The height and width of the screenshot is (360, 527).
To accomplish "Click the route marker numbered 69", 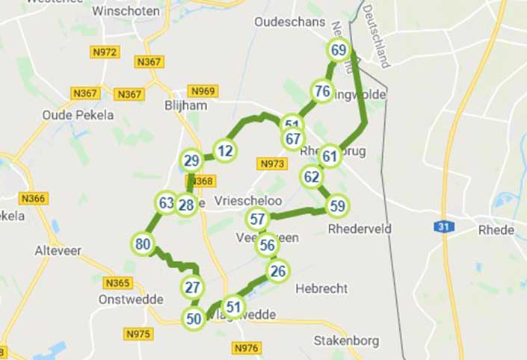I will [x=339, y=50].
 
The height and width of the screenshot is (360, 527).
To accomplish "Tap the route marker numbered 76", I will [x=322, y=92].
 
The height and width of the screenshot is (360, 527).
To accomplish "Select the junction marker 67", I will [x=293, y=139].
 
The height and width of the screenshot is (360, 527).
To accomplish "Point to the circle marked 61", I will [x=330, y=156].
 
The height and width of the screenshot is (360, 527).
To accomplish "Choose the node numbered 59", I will [x=337, y=205].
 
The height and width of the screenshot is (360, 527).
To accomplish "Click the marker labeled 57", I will [x=258, y=220].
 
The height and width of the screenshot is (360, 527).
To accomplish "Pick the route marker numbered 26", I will [x=278, y=270].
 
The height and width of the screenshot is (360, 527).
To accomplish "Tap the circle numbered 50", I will [x=194, y=319].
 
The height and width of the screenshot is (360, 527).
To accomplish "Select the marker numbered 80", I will [x=143, y=243].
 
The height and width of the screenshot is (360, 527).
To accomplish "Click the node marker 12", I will [x=224, y=151].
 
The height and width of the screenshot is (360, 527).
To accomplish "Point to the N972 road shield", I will [x=105, y=52].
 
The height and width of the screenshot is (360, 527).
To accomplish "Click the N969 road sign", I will [x=203, y=91].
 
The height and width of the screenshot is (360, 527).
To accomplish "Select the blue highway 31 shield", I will [x=443, y=226].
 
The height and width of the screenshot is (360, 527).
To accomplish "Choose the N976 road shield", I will [x=246, y=348].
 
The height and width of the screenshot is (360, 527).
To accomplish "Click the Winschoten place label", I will [x=126, y=11].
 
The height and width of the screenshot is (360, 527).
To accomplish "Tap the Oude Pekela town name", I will [x=78, y=115].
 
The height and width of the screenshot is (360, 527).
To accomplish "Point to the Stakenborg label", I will [x=347, y=341].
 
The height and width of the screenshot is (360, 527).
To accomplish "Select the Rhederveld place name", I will [x=360, y=229].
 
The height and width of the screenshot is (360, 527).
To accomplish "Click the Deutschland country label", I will [x=377, y=34].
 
